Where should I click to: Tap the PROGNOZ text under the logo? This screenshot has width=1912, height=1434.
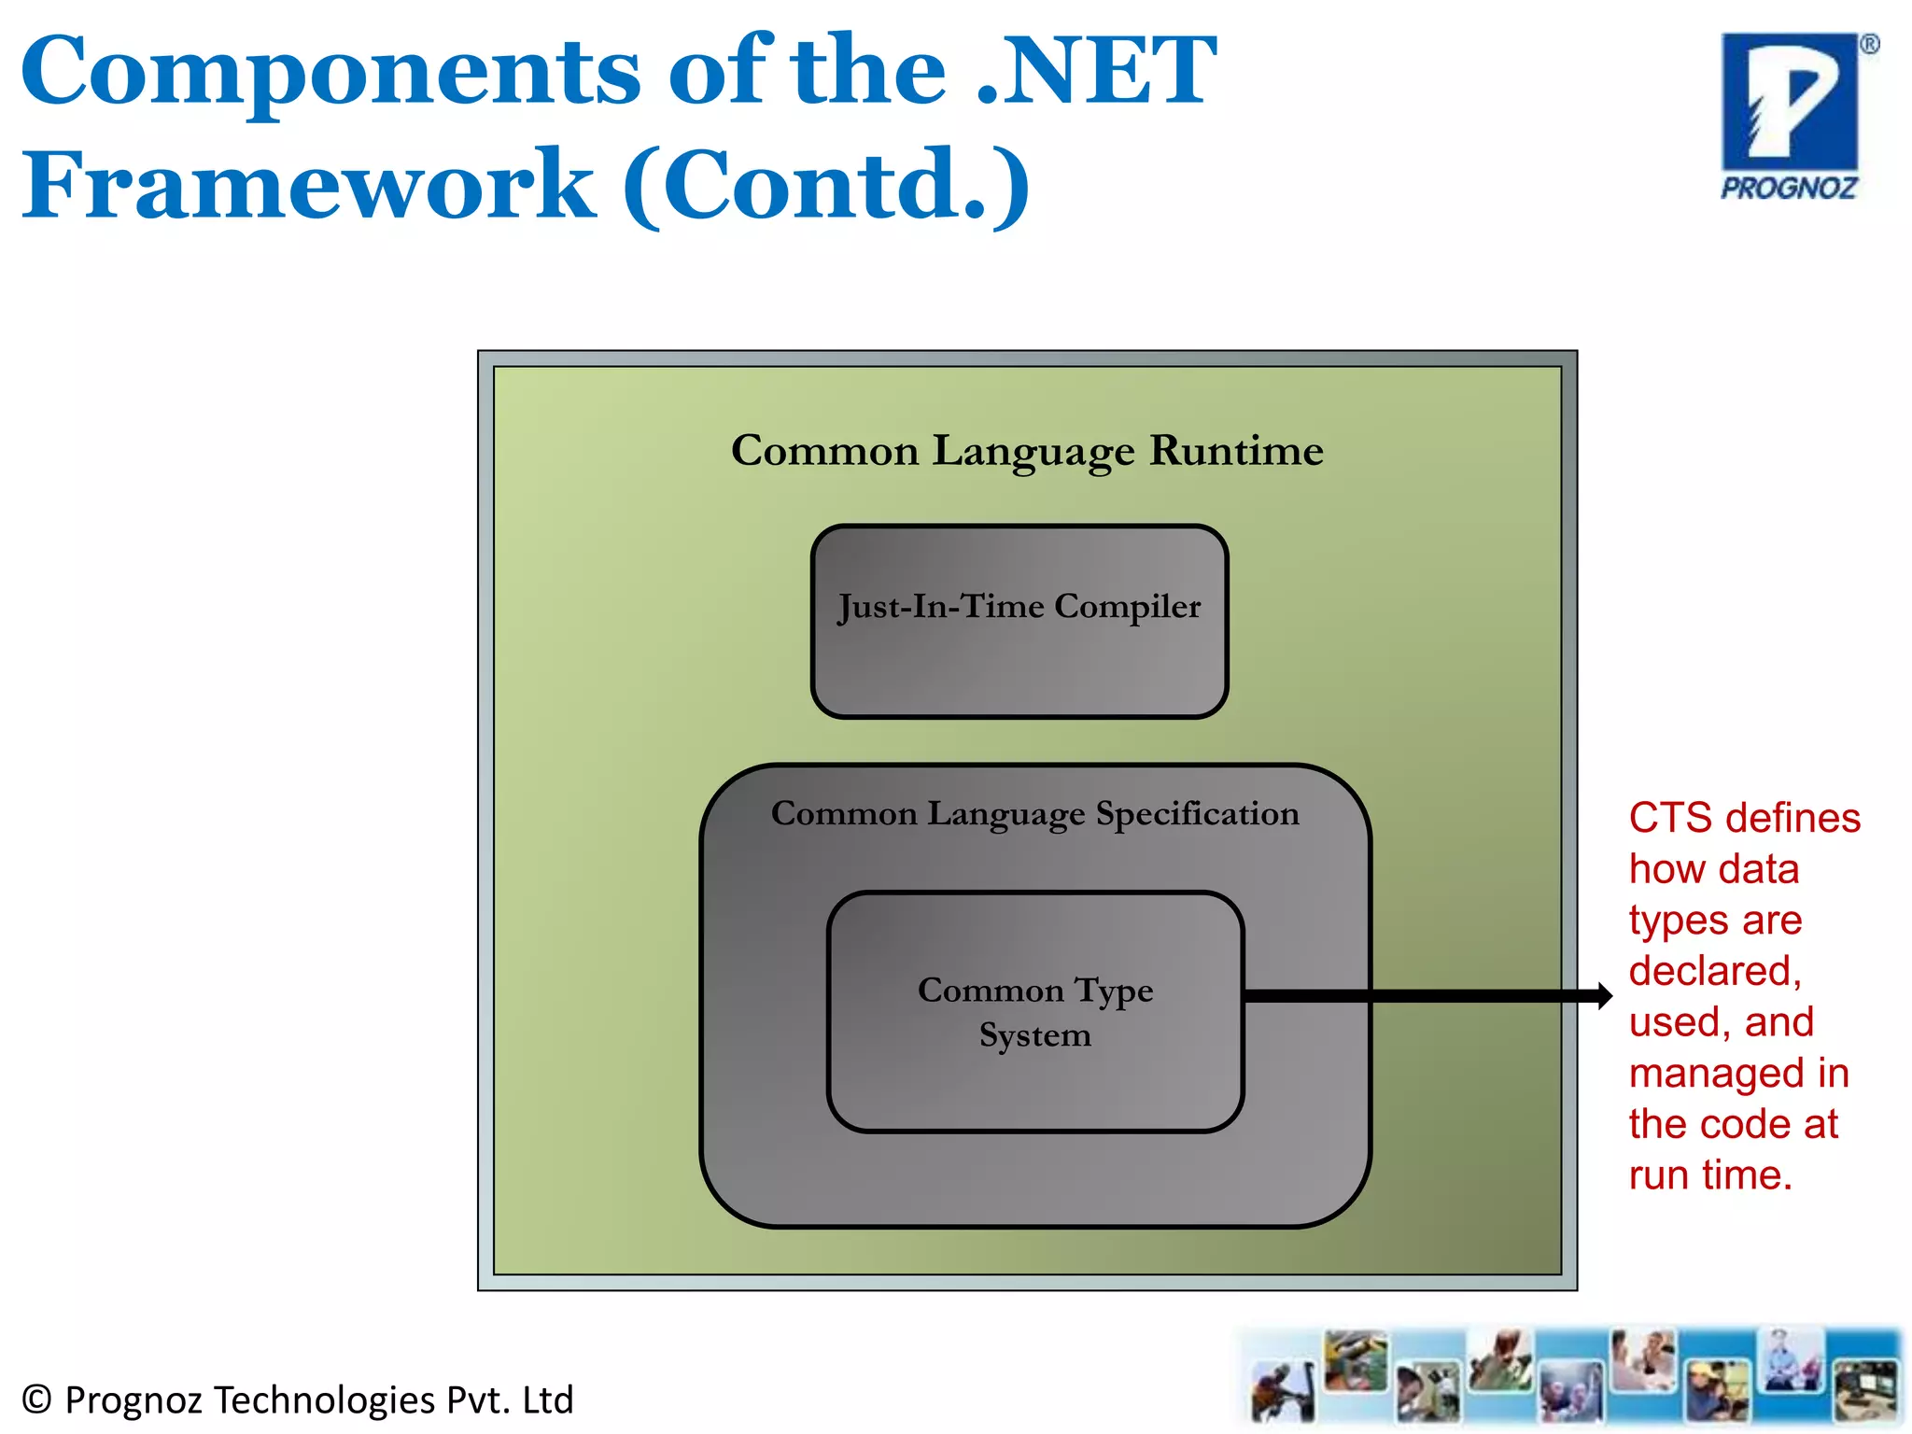click(x=1789, y=189)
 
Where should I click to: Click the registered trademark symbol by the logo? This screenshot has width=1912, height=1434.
click(x=1869, y=44)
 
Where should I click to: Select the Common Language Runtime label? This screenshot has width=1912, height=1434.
click(x=1027, y=451)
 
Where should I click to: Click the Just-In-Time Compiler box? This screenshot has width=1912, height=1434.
click(x=1019, y=621)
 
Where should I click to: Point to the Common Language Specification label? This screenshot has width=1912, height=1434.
click(x=1034, y=813)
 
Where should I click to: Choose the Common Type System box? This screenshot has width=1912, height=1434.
click(x=1035, y=1012)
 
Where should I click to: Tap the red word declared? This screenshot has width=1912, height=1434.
click(x=1714, y=971)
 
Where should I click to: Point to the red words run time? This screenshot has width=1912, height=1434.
click(x=1710, y=1175)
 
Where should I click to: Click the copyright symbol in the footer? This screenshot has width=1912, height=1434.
click(x=36, y=1399)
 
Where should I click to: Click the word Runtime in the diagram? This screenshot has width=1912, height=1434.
click(x=1236, y=451)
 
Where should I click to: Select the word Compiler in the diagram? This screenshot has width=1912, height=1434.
click(x=1127, y=607)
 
